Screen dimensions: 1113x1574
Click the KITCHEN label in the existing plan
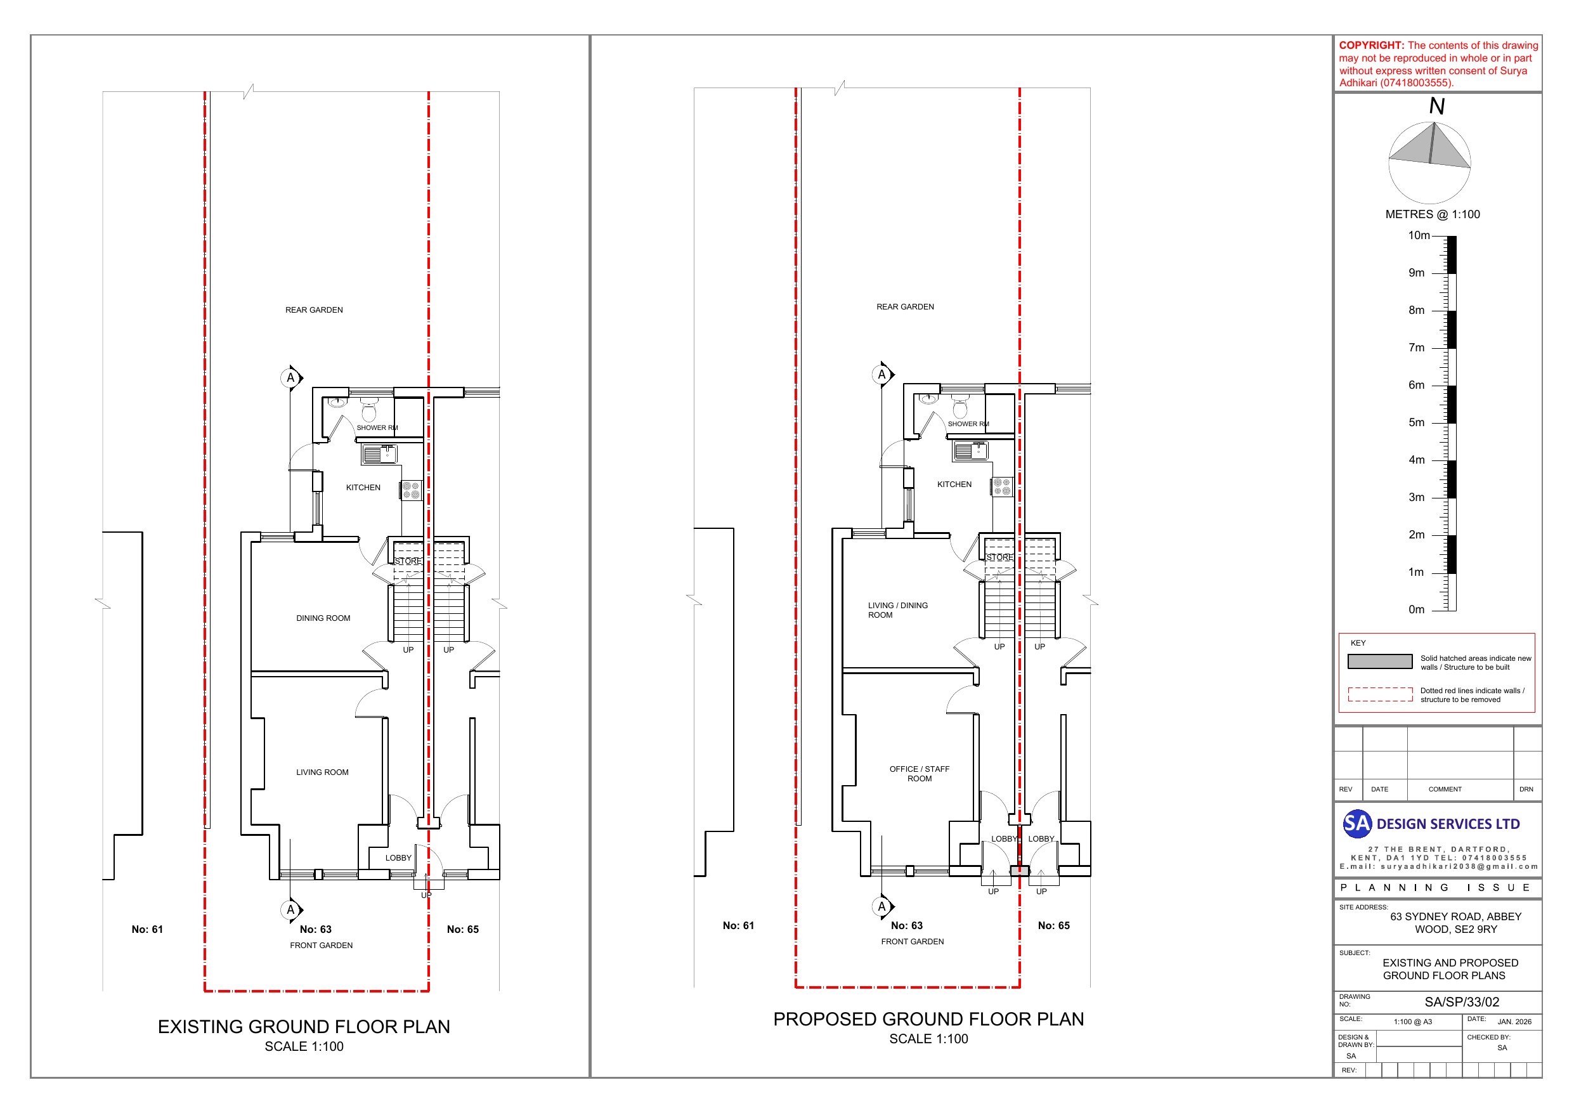(363, 488)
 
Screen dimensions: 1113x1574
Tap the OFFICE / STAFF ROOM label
(920, 774)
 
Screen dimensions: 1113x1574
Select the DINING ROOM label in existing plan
(323, 618)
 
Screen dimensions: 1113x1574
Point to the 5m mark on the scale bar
(1416, 422)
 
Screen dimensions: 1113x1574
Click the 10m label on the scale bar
(1419, 235)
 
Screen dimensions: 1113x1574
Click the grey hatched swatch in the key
(1380, 661)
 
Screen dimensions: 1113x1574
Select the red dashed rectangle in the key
(1380, 694)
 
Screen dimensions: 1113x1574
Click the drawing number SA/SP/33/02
(1462, 1002)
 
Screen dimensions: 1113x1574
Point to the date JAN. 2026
(1514, 1022)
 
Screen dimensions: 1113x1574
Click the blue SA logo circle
(1356, 824)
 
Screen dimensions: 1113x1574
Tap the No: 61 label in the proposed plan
(738, 925)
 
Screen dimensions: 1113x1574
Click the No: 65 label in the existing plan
(463, 929)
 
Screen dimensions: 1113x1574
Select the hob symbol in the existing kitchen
(412, 490)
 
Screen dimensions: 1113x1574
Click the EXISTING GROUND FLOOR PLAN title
(304, 1027)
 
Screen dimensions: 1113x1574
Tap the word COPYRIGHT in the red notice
(1371, 45)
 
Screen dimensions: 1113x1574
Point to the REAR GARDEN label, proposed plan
(905, 306)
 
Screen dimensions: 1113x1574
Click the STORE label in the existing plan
(408, 561)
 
